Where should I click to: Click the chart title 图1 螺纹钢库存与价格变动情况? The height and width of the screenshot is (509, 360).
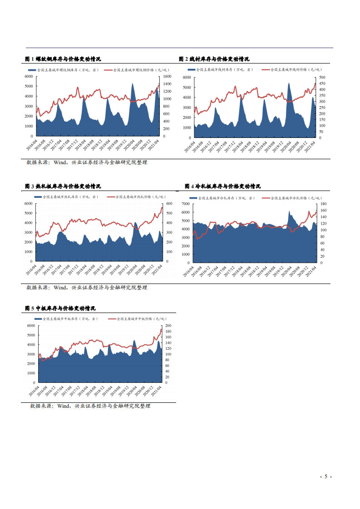pyautogui.click(x=63, y=59)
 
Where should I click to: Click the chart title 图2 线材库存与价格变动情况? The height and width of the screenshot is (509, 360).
pyautogui.click(x=214, y=59)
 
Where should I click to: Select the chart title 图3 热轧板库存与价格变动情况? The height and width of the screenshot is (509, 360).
pyautogui.click(x=63, y=186)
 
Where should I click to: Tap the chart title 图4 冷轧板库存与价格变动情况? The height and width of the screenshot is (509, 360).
pyautogui.click(x=223, y=186)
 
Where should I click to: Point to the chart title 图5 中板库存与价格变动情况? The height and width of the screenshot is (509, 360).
pyautogui.click(x=60, y=308)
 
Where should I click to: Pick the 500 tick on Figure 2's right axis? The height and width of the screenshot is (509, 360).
pyautogui.click(x=323, y=78)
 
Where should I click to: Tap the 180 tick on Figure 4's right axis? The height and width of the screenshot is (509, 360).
pyautogui.click(x=324, y=204)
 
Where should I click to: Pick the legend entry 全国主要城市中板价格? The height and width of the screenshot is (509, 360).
pyautogui.click(x=139, y=319)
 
